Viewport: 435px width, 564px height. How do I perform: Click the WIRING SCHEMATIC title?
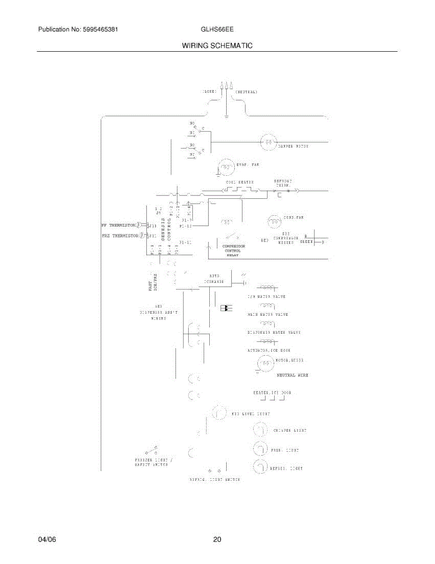click(x=217, y=46)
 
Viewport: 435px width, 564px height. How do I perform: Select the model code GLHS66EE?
click(x=217, y=29)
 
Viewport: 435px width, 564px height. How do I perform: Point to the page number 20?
click(x=217, y=540)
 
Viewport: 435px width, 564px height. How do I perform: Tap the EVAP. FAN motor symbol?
click(x=227, y=166)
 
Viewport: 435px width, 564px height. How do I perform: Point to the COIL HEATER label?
click(x=239, y=182)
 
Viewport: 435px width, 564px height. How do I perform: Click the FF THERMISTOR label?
click(x=119, y=225)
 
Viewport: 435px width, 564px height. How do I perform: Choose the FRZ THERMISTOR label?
click(x=120, y=235)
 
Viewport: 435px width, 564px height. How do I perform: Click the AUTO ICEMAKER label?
click(x=214, y=279)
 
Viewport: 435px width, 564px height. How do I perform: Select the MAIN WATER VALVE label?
click(x=267, y=314)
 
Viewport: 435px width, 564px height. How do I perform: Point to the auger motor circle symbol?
click(x=265, y=363)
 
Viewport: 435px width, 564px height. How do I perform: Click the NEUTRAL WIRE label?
click(x=292, y=375)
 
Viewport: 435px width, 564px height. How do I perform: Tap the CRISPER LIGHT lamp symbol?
click(x=260, y=430)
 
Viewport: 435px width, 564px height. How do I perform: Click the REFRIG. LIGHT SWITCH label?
click(x=214, y=479)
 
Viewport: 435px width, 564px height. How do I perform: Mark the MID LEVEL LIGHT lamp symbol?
click(x=218, y=413)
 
